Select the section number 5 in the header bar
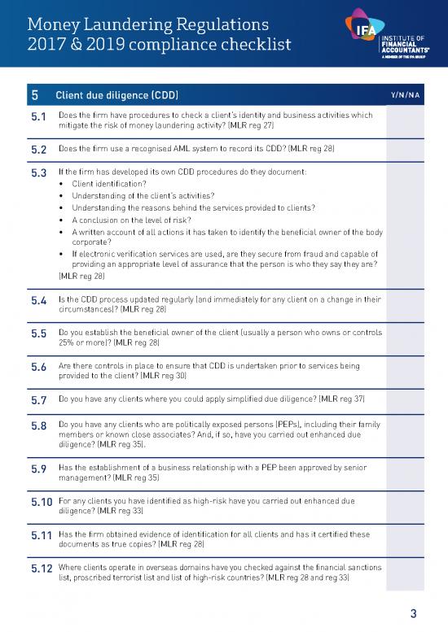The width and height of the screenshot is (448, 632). pyautogui.click(x=35, y=96)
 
